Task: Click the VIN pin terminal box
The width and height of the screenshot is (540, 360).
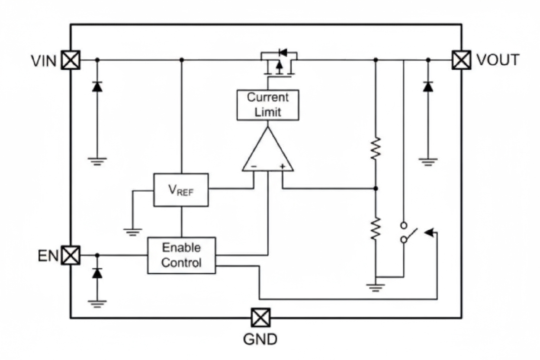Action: [x=70, y=60]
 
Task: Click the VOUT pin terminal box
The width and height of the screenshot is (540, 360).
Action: [x=461, y=60]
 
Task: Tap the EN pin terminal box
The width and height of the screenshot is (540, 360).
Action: [x=70, y=255]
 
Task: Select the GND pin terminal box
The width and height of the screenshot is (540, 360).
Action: [x=260, y=318]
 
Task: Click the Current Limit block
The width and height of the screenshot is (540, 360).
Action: [x=268, y=105]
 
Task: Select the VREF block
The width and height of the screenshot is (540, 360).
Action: [x=181, y=190]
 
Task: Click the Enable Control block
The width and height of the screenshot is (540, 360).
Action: [x=181, y=255]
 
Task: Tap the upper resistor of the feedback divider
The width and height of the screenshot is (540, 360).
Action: [x=376, y=148]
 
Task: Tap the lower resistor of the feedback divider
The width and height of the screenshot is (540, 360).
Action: [x=376, y=228]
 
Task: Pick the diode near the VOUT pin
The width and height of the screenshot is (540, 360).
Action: [x=428, y=87]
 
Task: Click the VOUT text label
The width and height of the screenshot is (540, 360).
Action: [x=498, y=60]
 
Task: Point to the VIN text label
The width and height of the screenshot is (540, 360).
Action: [x=44, y=61]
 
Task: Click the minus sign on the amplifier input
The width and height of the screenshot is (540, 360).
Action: [x=254, y=166]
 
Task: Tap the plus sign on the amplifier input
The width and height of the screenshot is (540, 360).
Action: [x=282, y=166]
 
